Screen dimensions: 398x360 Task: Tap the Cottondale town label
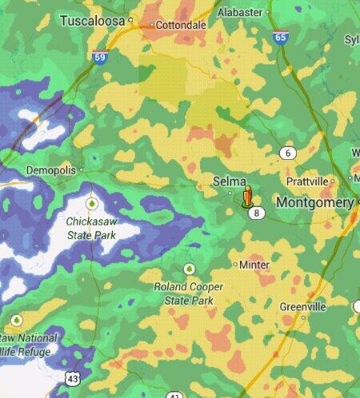180,25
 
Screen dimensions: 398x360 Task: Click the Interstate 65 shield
280,37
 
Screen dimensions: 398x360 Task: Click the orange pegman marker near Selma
248,195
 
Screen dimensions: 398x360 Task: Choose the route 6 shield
289,153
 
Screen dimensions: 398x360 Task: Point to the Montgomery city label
314,203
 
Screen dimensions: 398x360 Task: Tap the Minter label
254,265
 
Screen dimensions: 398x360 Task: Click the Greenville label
303,307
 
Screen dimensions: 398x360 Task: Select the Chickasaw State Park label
92,228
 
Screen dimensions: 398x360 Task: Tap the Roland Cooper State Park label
189,293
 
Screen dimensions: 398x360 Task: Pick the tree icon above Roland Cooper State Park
190,269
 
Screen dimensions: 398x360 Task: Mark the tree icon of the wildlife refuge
15,320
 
